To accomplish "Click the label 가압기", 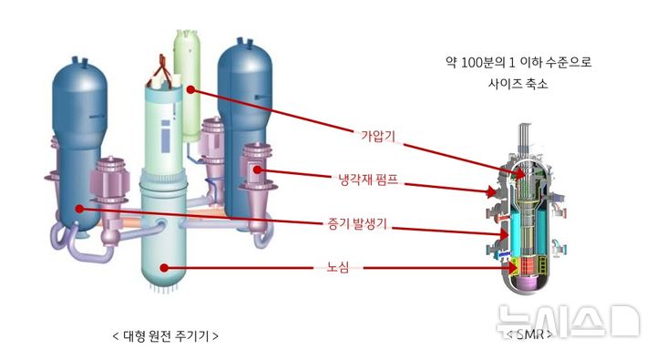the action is [x=378, y=136].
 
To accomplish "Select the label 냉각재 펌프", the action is [x=368, y=180].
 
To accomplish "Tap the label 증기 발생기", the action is [x=357, y=224].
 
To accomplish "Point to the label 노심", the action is [x=338, y=267].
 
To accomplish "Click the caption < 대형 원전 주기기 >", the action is [x=166, y=335].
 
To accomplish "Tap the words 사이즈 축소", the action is [x=518, y=83].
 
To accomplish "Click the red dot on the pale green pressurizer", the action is [x=190, y=89].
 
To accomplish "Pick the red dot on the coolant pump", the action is [x=257, y=170].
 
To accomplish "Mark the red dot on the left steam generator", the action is [x=78, y=209].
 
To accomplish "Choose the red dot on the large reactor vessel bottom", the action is [x=164, y=267].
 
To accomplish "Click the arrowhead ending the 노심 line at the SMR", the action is [x=511, y=267].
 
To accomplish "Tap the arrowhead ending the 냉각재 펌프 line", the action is [x=491, y=192].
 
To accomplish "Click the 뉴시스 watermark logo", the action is [x=568, y=321].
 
